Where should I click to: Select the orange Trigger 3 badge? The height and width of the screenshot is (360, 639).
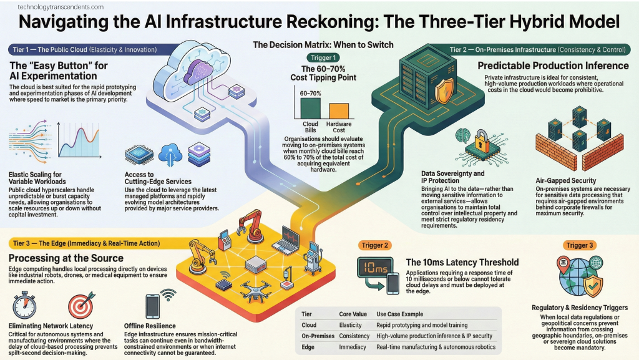point(580,245)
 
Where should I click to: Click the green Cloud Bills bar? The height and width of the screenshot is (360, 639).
point(310,107)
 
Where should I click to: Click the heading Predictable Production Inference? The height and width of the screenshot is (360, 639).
point(553,66)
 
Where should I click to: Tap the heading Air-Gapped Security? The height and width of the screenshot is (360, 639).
point(567,180)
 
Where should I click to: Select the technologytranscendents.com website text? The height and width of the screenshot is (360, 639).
point(52,7)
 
